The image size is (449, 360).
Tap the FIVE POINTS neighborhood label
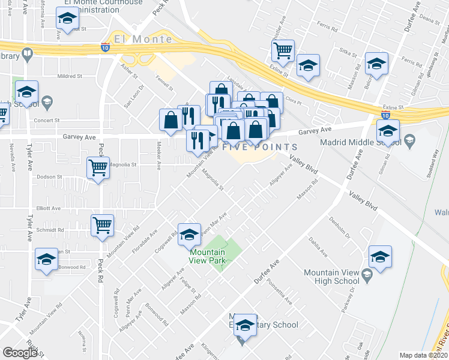(x=260, y=148)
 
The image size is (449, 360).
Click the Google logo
(x=20, y=353)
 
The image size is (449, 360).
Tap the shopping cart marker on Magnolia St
(x=98, y=168)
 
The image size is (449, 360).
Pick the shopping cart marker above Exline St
(x=283, y=50)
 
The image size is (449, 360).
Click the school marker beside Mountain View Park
(x=190, y=234)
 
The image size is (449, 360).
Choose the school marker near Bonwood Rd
(x=46, y=259)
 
